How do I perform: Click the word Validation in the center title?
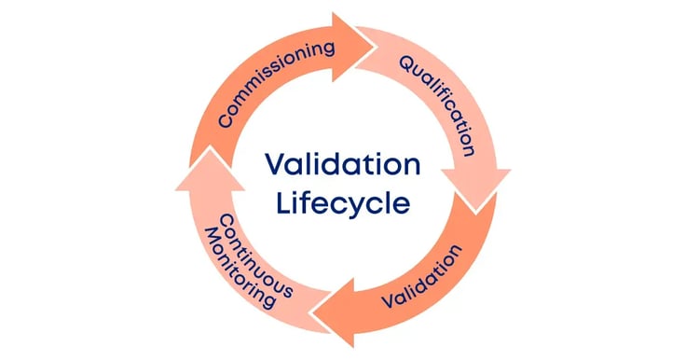click(342, 165)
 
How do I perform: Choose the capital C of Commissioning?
click(226, 121)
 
